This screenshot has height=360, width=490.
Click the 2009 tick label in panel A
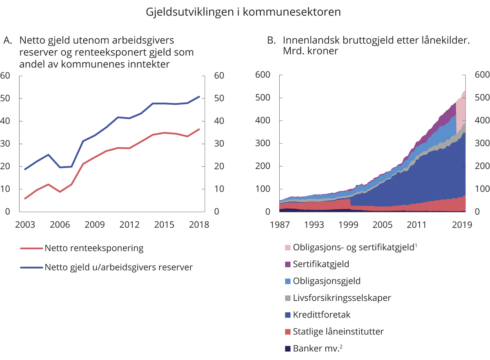(94, 225)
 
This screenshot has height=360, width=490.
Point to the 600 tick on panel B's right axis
(481, 75)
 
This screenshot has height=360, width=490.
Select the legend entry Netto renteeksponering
(94, 248)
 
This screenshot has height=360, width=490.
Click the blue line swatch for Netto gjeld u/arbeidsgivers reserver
(31, 268)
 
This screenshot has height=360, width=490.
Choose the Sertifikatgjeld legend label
(321, 264)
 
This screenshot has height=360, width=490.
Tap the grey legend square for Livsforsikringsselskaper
(287, 298)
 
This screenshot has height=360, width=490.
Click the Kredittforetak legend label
(322, 315)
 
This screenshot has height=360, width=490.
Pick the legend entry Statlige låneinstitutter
(338, 332)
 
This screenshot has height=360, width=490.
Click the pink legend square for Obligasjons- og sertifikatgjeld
(287, 248)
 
